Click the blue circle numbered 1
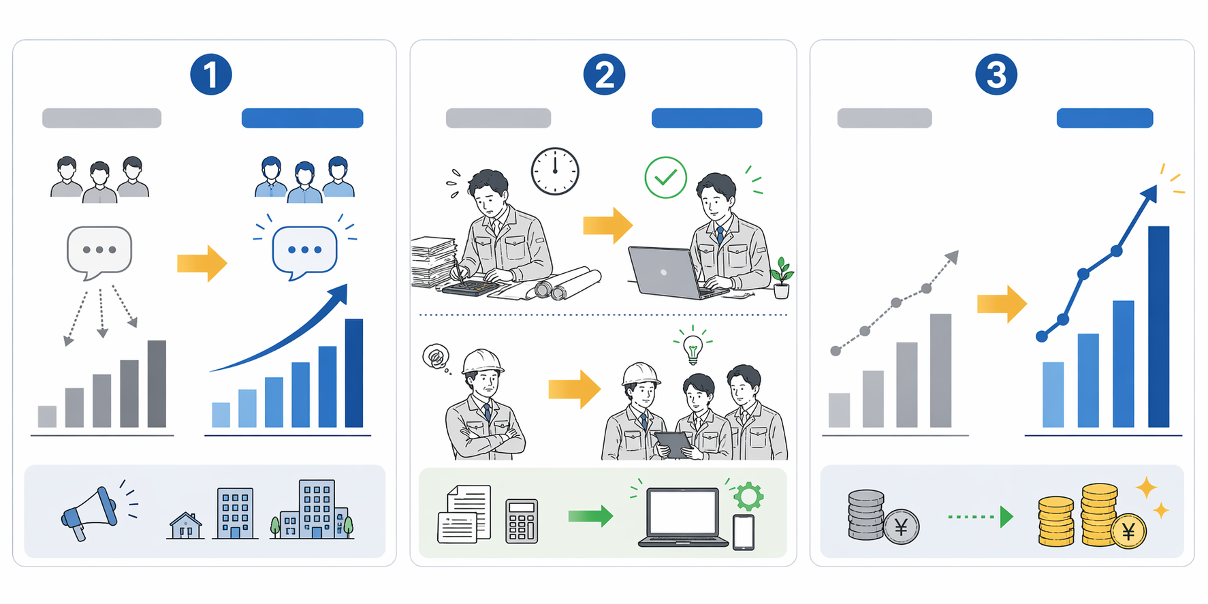click(x=211, y=74)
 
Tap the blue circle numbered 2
click(x=604, y=74)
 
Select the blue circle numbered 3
click(x=996, y=74)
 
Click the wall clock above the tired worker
click(x=555, y=171)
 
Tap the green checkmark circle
click(x=665, y=177)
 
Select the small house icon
click(x=186, y=525)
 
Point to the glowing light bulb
click(x=693, y=348)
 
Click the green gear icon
click(x=748, y=496)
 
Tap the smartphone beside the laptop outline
click(x=743, y=532)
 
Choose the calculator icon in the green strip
click(x=522, y=521)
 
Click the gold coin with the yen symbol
click(x=1128, y=531)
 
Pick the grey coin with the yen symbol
click(x=902, y=526)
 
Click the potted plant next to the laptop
click(x=782, y=278)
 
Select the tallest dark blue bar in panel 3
click(x=1158, y=327)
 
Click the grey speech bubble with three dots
click(x=99, y=253)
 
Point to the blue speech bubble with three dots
click(x=304, y=253)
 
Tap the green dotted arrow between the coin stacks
click(x=981, y=517)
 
